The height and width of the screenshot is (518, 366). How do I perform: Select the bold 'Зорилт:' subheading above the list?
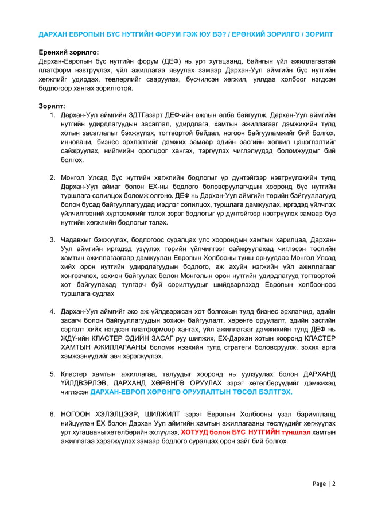click(x=51, y=106)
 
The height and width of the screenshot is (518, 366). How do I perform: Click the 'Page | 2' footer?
click(x=324, y=483)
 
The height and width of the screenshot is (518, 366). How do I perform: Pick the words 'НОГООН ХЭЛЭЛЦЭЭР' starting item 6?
click(x=95, y=414)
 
